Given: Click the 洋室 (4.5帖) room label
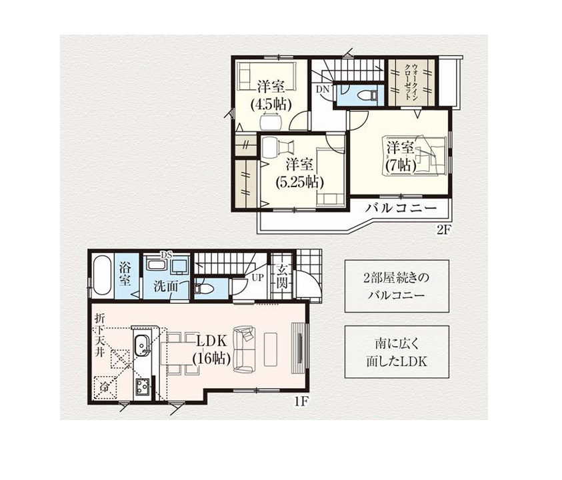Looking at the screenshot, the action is (271, 95).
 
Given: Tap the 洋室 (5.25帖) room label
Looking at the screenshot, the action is (299, 173).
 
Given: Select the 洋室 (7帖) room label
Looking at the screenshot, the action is (401, 156).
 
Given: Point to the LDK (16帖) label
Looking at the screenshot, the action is (211, 350).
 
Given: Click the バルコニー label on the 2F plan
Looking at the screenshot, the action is (401, 208).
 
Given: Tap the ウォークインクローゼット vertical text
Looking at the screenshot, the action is (411, 82).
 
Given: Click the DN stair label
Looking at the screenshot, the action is (323, 90).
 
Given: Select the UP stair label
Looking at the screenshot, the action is (257, 278).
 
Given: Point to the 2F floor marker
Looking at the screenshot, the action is (443, 230).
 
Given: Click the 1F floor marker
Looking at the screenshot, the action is (301, 401).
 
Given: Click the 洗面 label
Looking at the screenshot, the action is (166, 286).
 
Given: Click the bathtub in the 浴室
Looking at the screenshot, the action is (103, 275).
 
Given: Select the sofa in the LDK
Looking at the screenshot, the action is (244, 348).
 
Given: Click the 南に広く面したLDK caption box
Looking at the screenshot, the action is (397, 352).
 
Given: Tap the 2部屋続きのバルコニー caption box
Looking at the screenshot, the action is (397, 286).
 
